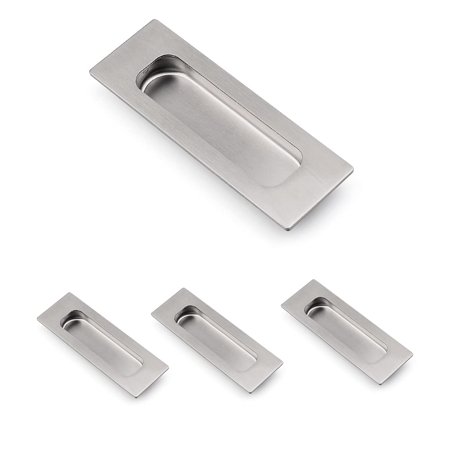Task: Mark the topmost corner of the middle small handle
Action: pos(185,288)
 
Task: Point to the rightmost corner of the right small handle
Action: pos(413,352)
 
